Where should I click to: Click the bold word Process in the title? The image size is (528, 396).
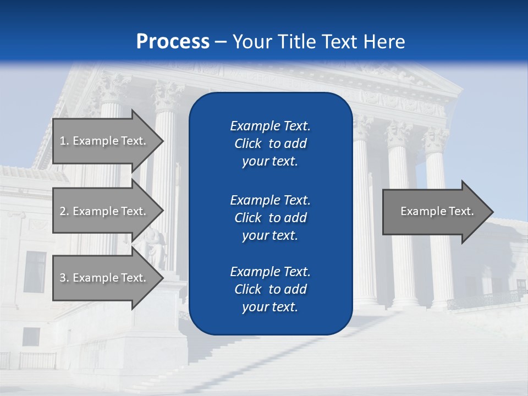173,42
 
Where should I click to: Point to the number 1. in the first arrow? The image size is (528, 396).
64,141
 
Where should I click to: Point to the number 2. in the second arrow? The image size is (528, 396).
64,211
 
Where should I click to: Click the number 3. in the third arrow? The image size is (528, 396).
64,278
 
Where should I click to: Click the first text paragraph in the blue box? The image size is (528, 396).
270,144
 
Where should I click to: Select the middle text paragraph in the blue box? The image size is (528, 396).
270,218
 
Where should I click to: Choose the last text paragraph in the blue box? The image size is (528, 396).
270,289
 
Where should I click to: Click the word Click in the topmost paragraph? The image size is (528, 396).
248,144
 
